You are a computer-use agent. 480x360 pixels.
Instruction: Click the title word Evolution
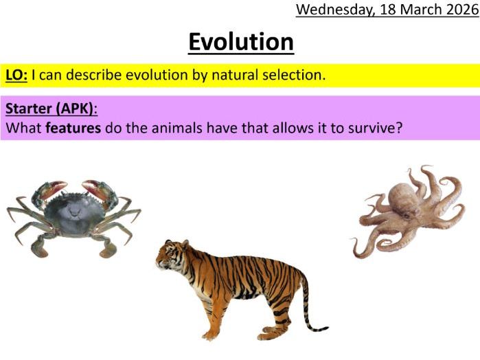[241, 42]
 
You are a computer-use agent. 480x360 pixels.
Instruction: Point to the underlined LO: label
[16, 76]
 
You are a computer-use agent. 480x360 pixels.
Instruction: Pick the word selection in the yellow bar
[293, 76]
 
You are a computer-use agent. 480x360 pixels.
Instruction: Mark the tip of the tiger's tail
[326, 329]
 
